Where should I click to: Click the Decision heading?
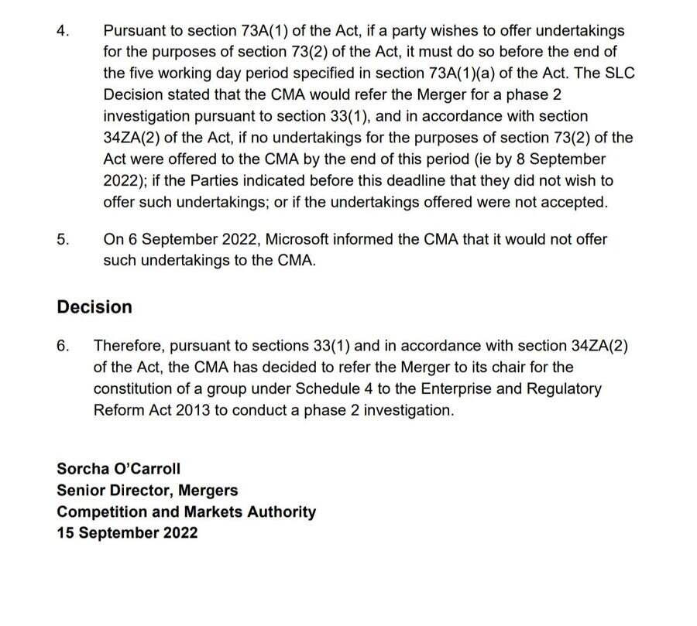94,307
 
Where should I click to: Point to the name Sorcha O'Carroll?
118,469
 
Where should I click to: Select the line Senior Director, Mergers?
147,491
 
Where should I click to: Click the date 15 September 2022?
127,533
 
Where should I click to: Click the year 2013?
190,410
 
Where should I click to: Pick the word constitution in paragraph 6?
135,388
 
